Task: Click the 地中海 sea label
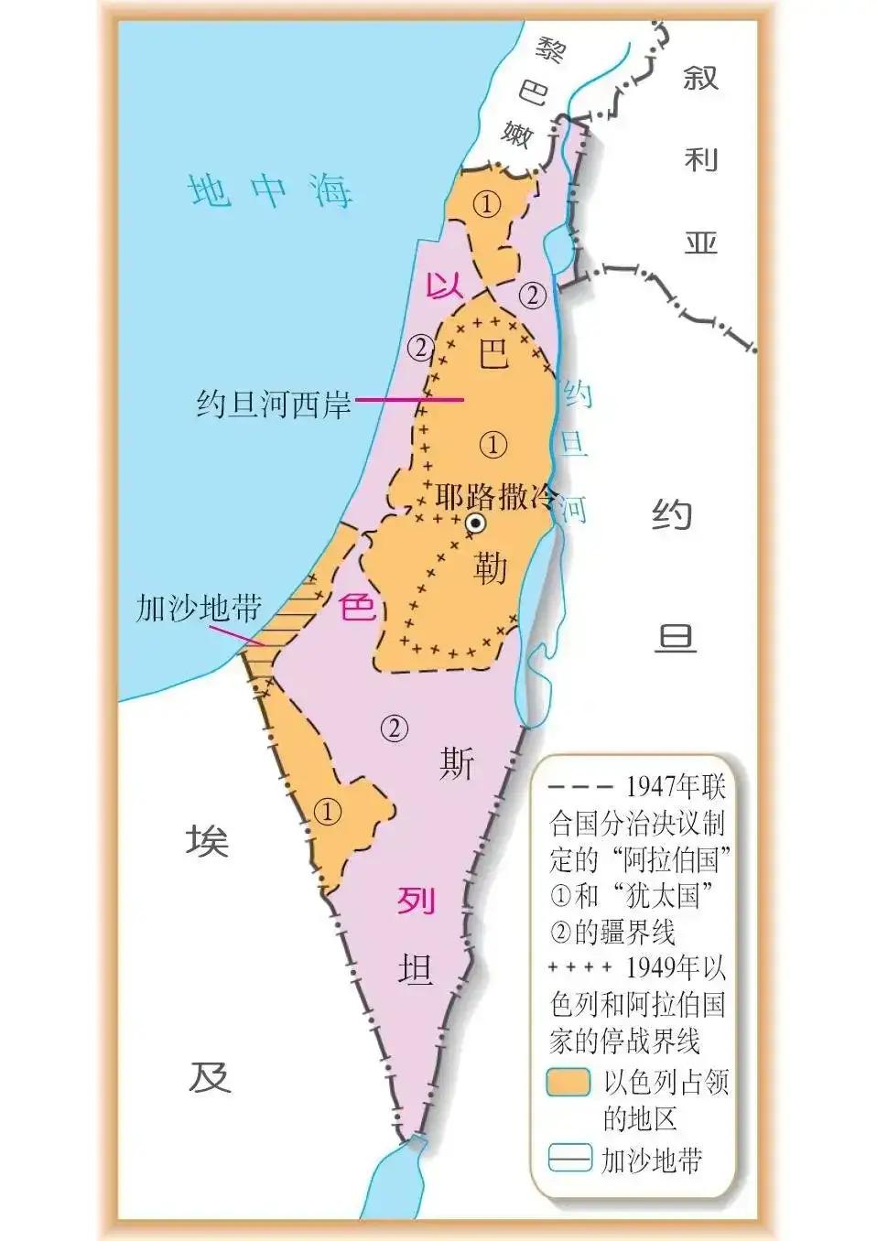pyautogui.click(x=270, y=191)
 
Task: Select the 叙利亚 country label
pyautogui.click(x=700, y=160)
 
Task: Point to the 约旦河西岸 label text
pyautogui.click(x=274, y=404)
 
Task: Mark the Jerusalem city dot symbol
pyautogui.click(x=475, y=523)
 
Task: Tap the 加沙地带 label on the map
pyautogui.click(x=199, y=609)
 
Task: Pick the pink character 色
pyautogui.click(x=357, y=606)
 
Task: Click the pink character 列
pyautogui.click(x=415, y=901)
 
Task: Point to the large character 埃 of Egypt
pyautogui.click(x=208, y=839)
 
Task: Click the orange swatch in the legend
pyautogui.click(x=568, y=1082)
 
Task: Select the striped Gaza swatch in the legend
pyautogui.click(x=568, y=1159)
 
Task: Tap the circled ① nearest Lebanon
pyautogui.click(x=487, y=205)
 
